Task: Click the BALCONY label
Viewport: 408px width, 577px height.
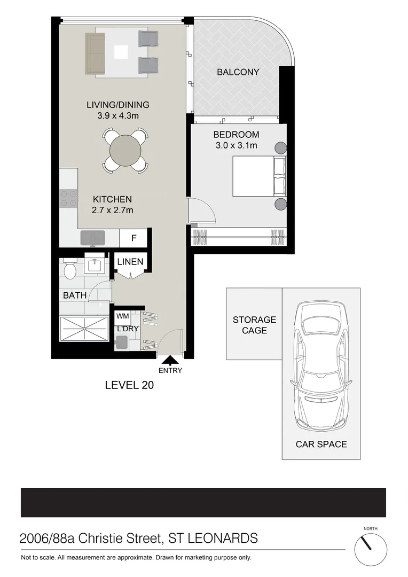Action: [x=238, y=72]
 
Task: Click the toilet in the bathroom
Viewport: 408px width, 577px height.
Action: [x=69, y=271]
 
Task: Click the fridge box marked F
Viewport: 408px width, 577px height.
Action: [x=134, y=239]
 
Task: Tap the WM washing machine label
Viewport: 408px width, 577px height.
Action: [x=122, y=316]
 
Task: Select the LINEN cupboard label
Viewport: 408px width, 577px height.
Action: [x=130, y=262]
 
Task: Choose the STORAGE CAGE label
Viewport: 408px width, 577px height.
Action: [x=254, y=325]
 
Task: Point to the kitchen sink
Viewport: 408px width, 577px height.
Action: [x=92, y=238]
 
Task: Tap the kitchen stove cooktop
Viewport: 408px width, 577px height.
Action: [x=68, y=199]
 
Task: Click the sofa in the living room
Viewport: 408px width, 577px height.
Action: [x=95, y=53]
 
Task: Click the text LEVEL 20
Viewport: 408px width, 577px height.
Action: [x=129, y=385]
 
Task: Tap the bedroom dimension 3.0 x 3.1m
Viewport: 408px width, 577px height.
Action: [x=236, y=145]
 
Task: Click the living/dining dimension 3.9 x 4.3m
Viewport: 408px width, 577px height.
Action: [x=117, y=115]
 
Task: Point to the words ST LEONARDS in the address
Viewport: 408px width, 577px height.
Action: [x=213, y=538]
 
